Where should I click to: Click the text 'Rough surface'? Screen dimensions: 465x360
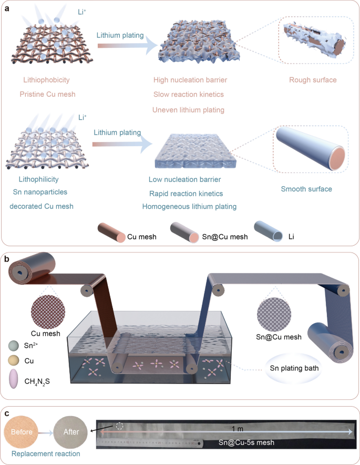(x=313, y=80)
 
